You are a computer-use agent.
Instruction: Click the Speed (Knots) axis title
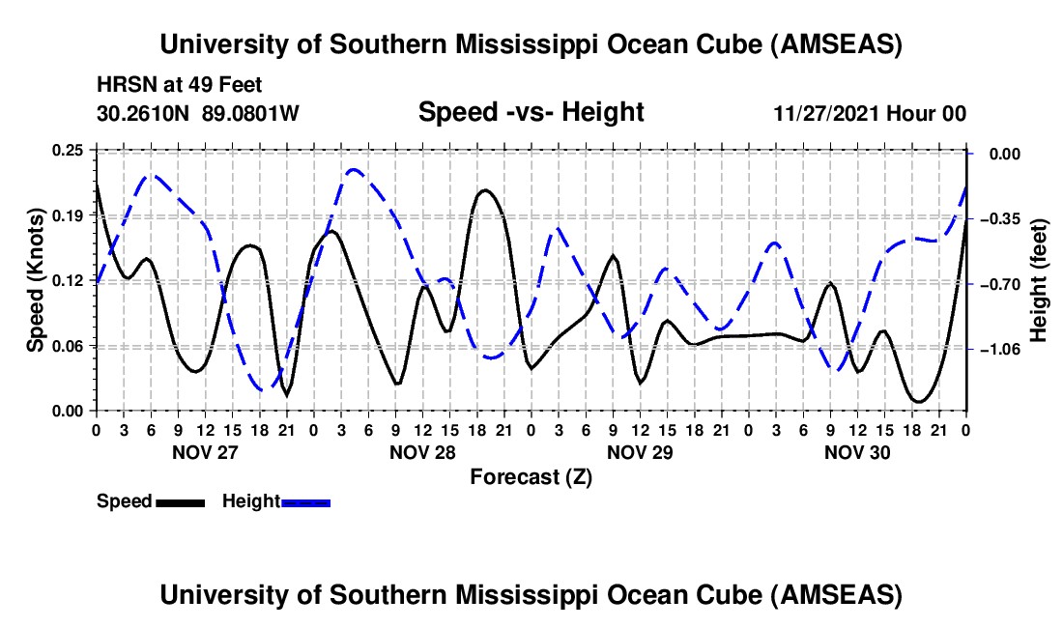tap(36, 280)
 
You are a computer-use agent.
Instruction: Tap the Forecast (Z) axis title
tap(531, 476)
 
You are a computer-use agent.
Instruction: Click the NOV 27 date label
tap(205, 451)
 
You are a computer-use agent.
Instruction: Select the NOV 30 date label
tap(857, 451)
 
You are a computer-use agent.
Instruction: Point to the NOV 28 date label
tap(422, 451)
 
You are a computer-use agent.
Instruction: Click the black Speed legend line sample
tap(180, 502)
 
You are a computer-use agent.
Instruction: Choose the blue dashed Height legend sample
tap(305, 502)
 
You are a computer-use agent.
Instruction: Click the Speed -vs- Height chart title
tap(531, 113)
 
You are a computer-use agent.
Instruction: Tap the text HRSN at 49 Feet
tap(180, 85)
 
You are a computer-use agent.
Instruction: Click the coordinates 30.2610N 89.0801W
tap(198, 113)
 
